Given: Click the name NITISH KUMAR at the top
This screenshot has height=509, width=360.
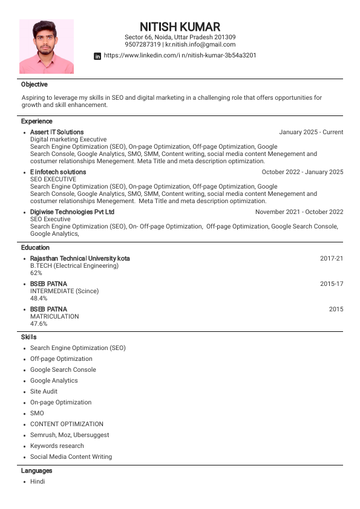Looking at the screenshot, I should coord(180,27).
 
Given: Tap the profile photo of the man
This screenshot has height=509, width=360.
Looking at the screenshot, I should coord(47,47).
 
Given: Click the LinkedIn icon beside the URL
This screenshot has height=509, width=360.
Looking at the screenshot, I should coord(97,56).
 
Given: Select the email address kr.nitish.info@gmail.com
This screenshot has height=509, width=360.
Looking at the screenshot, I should coord(200,45).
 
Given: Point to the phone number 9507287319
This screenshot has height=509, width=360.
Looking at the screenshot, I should coord(143,45).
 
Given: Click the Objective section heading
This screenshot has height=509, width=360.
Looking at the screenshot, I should coord(34,85).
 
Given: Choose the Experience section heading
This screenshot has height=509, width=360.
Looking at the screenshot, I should coord(36,122).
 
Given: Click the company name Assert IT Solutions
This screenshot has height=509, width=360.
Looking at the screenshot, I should coord(57,132).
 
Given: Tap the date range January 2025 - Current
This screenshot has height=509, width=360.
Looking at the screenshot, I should coord(311,132).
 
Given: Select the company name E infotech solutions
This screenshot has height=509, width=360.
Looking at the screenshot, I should coord(58,172).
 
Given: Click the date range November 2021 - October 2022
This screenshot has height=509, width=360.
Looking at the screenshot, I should coord(299,212).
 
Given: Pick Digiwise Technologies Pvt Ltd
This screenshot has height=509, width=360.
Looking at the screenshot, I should coord(72,212).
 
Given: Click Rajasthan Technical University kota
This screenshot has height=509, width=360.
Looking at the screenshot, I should coord(80,259).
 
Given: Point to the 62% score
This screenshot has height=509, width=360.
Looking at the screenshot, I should coord(36,273).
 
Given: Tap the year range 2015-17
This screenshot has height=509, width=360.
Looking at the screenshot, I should coord(332,284).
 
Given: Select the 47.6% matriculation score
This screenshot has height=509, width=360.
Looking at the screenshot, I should coord(39,324).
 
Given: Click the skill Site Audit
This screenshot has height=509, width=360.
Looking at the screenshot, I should coord(44,392).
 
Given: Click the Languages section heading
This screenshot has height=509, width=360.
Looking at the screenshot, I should coord(36,471).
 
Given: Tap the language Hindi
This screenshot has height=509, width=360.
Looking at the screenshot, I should coord(38,482).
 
